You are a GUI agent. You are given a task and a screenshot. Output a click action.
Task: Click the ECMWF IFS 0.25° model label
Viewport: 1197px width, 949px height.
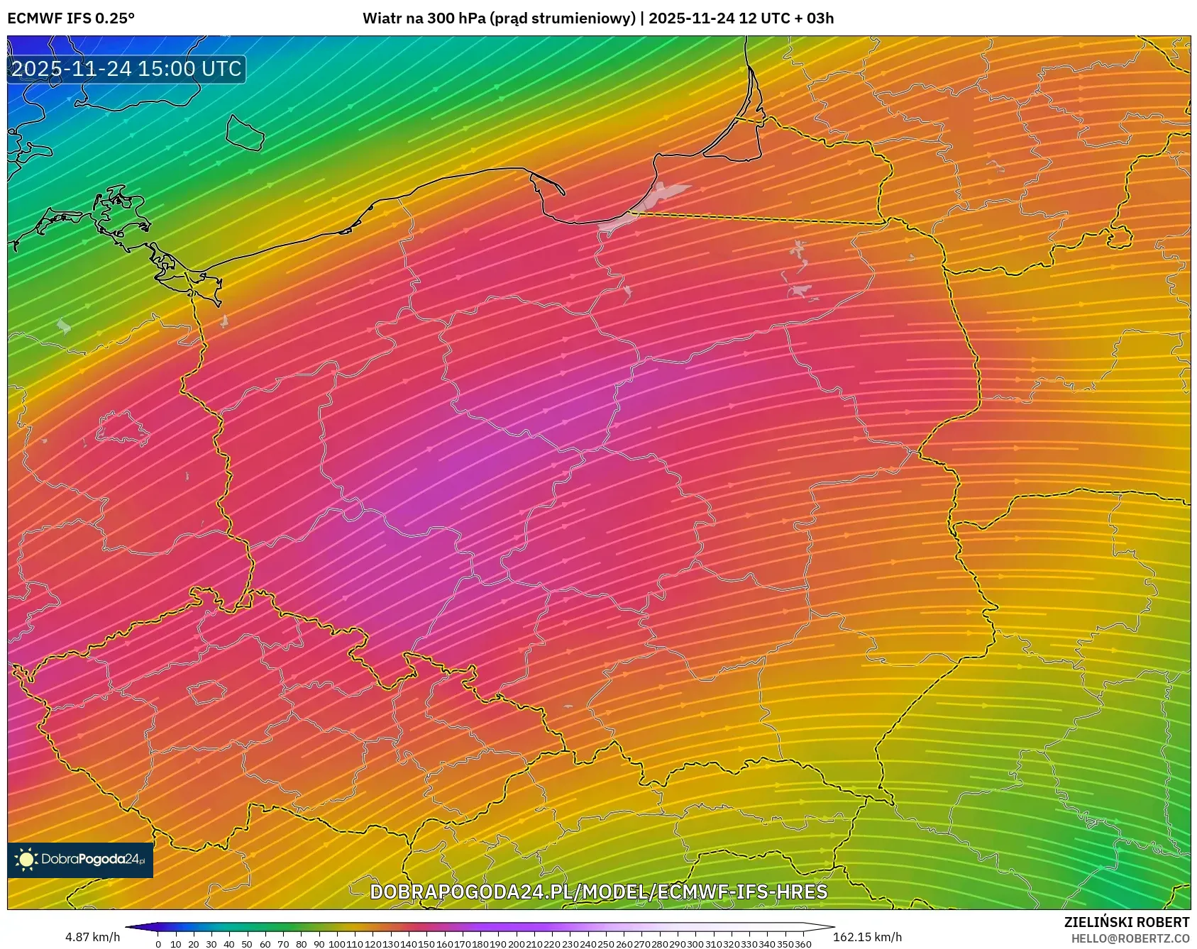[x=71, y=18]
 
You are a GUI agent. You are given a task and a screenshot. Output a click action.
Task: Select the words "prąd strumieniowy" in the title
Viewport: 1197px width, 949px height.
[x=563, y=18]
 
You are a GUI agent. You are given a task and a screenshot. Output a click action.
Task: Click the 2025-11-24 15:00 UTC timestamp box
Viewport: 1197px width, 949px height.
[x=127, y=69]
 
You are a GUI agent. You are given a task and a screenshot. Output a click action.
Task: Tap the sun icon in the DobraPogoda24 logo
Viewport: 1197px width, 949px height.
[x=27, y=860]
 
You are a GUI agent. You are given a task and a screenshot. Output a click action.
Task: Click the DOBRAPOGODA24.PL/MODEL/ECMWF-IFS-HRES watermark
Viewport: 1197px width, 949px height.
[x=598, y=892]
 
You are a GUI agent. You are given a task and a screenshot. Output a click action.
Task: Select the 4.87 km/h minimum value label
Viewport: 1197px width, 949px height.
[x=92, y=937]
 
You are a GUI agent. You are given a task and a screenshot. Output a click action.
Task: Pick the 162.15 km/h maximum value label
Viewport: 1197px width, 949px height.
[x=867, y=937]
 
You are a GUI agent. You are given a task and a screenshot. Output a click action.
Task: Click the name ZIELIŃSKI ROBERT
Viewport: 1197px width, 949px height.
[x=1126, y=922]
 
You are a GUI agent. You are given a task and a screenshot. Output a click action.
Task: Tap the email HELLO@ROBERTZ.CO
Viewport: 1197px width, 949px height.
[x=1130, y=938]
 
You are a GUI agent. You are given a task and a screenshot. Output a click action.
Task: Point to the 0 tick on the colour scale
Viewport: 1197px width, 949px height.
[x=158, y=944]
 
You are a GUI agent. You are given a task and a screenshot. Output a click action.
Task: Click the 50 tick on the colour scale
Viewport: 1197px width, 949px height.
[x=247, y=944]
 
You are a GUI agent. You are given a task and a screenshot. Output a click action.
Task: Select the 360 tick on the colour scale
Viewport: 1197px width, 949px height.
[x=803, y=944]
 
